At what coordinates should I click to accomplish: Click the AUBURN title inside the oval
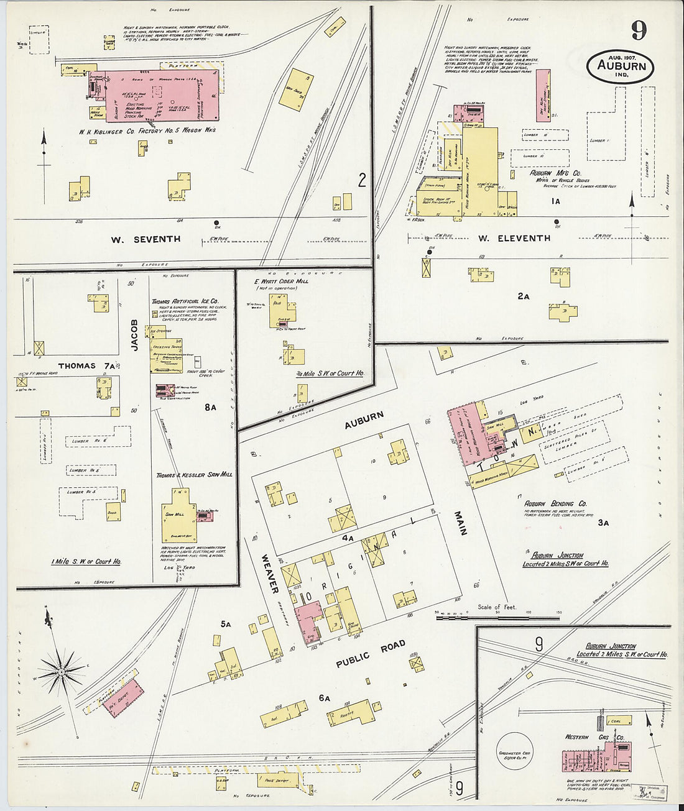click(x=621, y=66)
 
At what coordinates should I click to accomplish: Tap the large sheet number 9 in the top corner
click(x=637, y=30)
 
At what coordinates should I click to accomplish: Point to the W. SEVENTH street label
click(x=146, y=239)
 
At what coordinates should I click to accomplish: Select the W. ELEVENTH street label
click(x=514, y=238)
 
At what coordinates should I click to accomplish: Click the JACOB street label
click(x=135, y=340)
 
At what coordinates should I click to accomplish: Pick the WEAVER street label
click(x=270, y=573)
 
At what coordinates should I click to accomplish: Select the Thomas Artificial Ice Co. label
click(x=185, y=301)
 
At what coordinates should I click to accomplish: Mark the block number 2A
click(x=523, y=296)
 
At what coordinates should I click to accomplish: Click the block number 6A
click(x=324, y=699)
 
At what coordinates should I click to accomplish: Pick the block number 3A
click(x=603, y=523)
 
